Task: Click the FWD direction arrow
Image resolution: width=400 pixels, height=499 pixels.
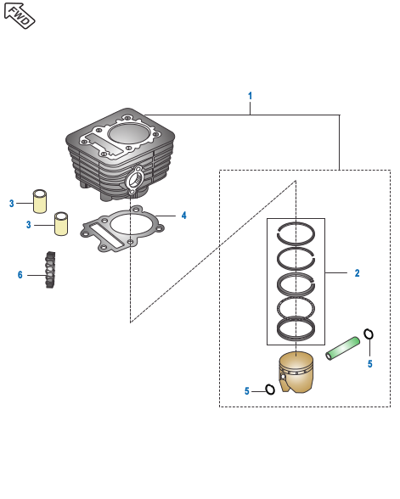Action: [19, 15]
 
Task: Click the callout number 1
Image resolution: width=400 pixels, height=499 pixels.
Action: [250, 96]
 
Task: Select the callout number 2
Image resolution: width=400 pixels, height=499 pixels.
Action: [357, 273]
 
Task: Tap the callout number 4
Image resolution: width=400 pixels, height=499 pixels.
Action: [183, 216]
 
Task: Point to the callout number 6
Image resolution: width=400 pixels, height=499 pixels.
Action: [20, 275]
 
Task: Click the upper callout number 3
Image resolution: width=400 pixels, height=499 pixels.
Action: [12, 204]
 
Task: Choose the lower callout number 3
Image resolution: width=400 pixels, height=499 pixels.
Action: [29, 225]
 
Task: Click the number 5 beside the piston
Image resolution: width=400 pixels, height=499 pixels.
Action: [247, 391]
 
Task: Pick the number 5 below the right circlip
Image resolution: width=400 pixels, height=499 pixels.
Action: [369, 364]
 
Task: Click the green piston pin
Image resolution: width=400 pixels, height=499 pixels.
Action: [343, 349]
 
